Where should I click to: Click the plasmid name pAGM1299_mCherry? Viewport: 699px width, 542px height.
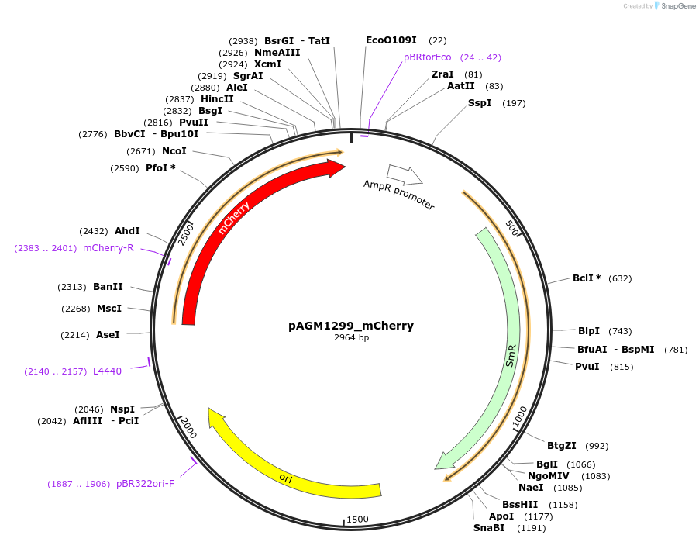pyautogui.click(x=351, y=326)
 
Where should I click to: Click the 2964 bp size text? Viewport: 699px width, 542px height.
pyautogui.click(x=351, y=338)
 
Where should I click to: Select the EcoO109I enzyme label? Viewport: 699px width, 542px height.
pyautogui.click(x=391, y=40)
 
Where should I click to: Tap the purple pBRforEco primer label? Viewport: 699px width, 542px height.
pyautogui.click(x=427, y=57)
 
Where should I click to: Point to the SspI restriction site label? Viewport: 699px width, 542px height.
pyautogui.click(x=480, y=103)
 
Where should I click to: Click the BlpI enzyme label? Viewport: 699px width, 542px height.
pyautogui.click(x=589, y=331)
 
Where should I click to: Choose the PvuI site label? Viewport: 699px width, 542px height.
pyautogui.click(x=587, y=366)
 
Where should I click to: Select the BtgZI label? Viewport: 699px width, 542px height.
pyautogui.click(x=562, y=445)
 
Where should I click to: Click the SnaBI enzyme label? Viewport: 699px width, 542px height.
pyautogui.click(x=489, y=528)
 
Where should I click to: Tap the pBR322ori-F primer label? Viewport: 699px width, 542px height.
pyautogui.click(x=145, y=484)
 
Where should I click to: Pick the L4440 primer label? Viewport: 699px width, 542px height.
pyautogui.click(x=107, y=371)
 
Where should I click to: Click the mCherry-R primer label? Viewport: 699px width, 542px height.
pyautogui.click(x=108, y=248)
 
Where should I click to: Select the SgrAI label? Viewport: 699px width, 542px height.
pyautogui.click(x=248, y=76)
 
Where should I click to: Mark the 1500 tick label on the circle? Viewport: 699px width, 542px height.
pyautogui.click(x=357, y=519)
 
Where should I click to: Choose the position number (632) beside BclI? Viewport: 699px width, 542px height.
pyautogui.click(x=620, y=278)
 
